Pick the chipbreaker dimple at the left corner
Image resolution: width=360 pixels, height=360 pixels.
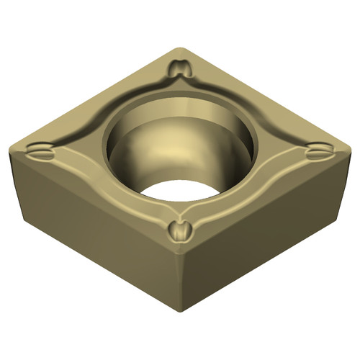41,151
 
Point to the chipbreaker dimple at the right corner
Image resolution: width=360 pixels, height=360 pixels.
316,152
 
